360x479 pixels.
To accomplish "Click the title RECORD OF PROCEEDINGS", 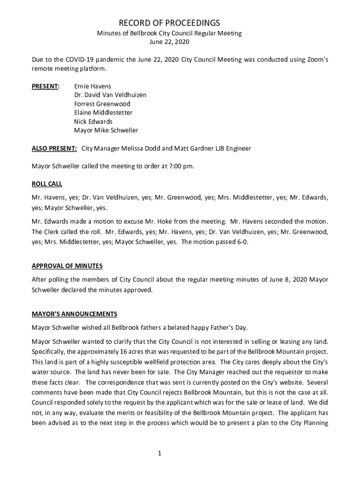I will pyautogui.click(x=169, y=23).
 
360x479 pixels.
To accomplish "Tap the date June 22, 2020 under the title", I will pyautogui.click(x=169, y=42).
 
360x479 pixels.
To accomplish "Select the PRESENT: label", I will pyautogui.click(x=45, y=87).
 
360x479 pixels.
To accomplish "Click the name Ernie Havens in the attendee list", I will pyautogui.click(x=93, y=87).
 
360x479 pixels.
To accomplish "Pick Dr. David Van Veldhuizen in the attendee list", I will pyautogui.click(x=110, y=95).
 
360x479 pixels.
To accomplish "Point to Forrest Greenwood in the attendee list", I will pyautogui.click(x=102, y=104).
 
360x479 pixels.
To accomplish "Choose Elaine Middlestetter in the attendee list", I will pyautogui.click(x=103, y=113).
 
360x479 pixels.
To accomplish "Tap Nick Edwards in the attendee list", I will pyautogui.click(x=93, y=122).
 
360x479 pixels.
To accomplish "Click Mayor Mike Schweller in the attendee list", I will pyautogui.click(x=106, y=131).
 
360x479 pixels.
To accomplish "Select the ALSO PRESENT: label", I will pyautogui.click(x=54, y=148).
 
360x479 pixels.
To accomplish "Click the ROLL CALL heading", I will pyautogui.click(x=47, y=184).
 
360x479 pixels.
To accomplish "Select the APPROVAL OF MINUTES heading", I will pyautogui.click(x=67, y=266).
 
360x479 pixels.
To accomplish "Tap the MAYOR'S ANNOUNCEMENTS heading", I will pyautogui.click(x=74, y=314).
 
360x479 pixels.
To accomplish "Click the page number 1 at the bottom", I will pyautogui.click(x=159, y=453).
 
